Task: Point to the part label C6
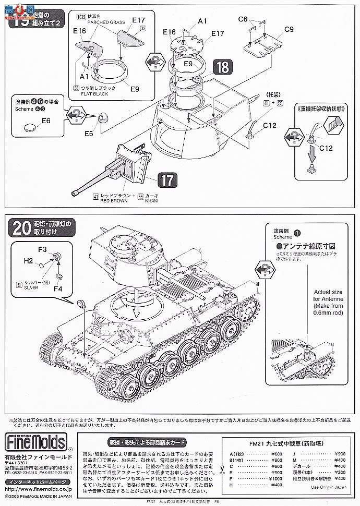243,19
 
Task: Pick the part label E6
46,121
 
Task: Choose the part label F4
58,287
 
